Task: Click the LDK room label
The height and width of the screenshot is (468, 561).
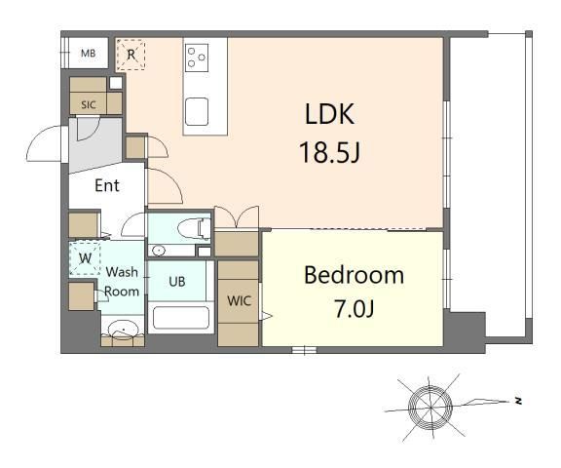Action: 329,114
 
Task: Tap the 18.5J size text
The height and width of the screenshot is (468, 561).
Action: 329,152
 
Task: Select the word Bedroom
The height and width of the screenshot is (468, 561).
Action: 354,275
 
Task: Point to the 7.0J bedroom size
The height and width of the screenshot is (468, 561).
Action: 354,309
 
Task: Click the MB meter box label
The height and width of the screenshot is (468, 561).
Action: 88,54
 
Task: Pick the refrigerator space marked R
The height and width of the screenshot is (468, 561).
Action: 131,55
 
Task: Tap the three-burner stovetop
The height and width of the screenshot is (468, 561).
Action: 197,58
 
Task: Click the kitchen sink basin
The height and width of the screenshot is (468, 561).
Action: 197,111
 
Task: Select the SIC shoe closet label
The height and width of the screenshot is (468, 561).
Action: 89,105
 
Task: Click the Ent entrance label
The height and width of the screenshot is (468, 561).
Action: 107,185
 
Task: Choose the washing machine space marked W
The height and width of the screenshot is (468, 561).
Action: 85,258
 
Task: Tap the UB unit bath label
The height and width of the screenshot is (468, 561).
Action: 177,282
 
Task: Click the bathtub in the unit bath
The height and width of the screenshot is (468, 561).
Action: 181,318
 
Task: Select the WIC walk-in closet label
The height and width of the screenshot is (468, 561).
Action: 239,300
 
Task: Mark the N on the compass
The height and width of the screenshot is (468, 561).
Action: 518,401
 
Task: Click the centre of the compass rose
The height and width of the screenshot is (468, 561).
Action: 430,408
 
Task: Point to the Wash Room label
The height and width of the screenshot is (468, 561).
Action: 122,282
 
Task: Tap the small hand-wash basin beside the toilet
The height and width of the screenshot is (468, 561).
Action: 158,250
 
